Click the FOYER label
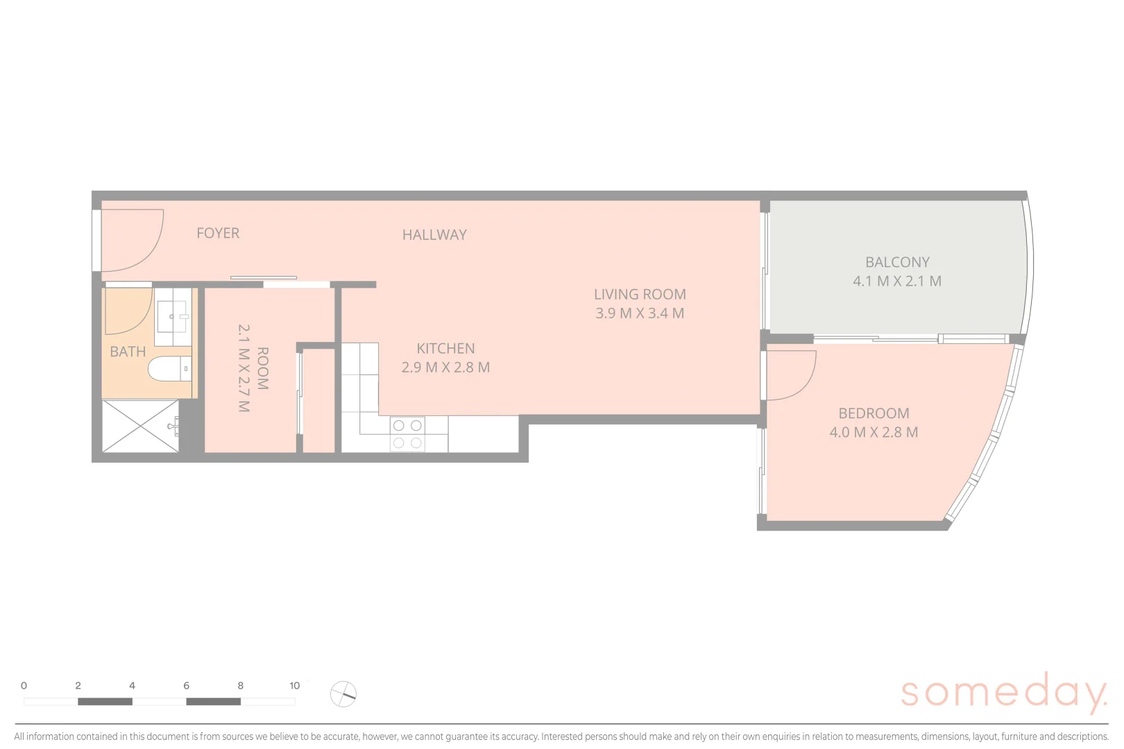(218, 233)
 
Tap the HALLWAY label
(434, 235)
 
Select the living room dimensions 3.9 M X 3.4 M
(640, 313)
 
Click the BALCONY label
(897, 262)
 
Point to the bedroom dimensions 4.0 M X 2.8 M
(874, 432)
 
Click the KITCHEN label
(445, 348)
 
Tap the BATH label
(128, 352)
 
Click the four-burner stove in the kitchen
(407, 434)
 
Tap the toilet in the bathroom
(167, 369)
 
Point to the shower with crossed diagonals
(140, 427)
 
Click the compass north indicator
(343, 694)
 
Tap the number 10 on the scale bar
(295, 686)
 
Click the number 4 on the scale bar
(132, 686)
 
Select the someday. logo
(1003, 691)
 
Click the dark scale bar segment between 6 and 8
(213, 702)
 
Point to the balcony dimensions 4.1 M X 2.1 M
(897, 282)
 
